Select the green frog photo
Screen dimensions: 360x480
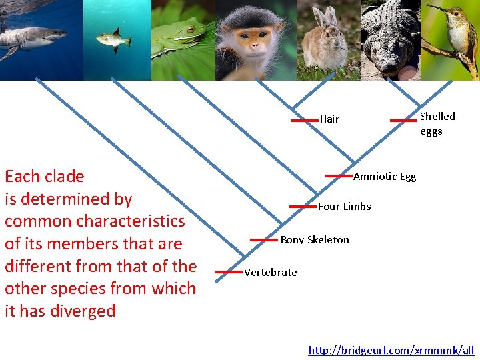tap(180, 37)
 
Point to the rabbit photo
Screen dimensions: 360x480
tap(325, 40)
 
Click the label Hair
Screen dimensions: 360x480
tap(329, 119)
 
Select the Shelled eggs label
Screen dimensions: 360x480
tap(437, 123)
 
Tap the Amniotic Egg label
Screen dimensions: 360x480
tap(385, 177)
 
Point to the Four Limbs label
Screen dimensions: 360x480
tap(344, 207)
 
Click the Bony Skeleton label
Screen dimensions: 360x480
tap(315, 240)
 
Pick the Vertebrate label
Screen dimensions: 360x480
tap(271, 272)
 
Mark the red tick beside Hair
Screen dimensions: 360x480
tap(305, 121)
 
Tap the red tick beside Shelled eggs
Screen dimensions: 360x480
tap(403, 121)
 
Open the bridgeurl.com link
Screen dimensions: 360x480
tap(391, 350)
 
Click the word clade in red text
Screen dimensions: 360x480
tap(63, 177)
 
